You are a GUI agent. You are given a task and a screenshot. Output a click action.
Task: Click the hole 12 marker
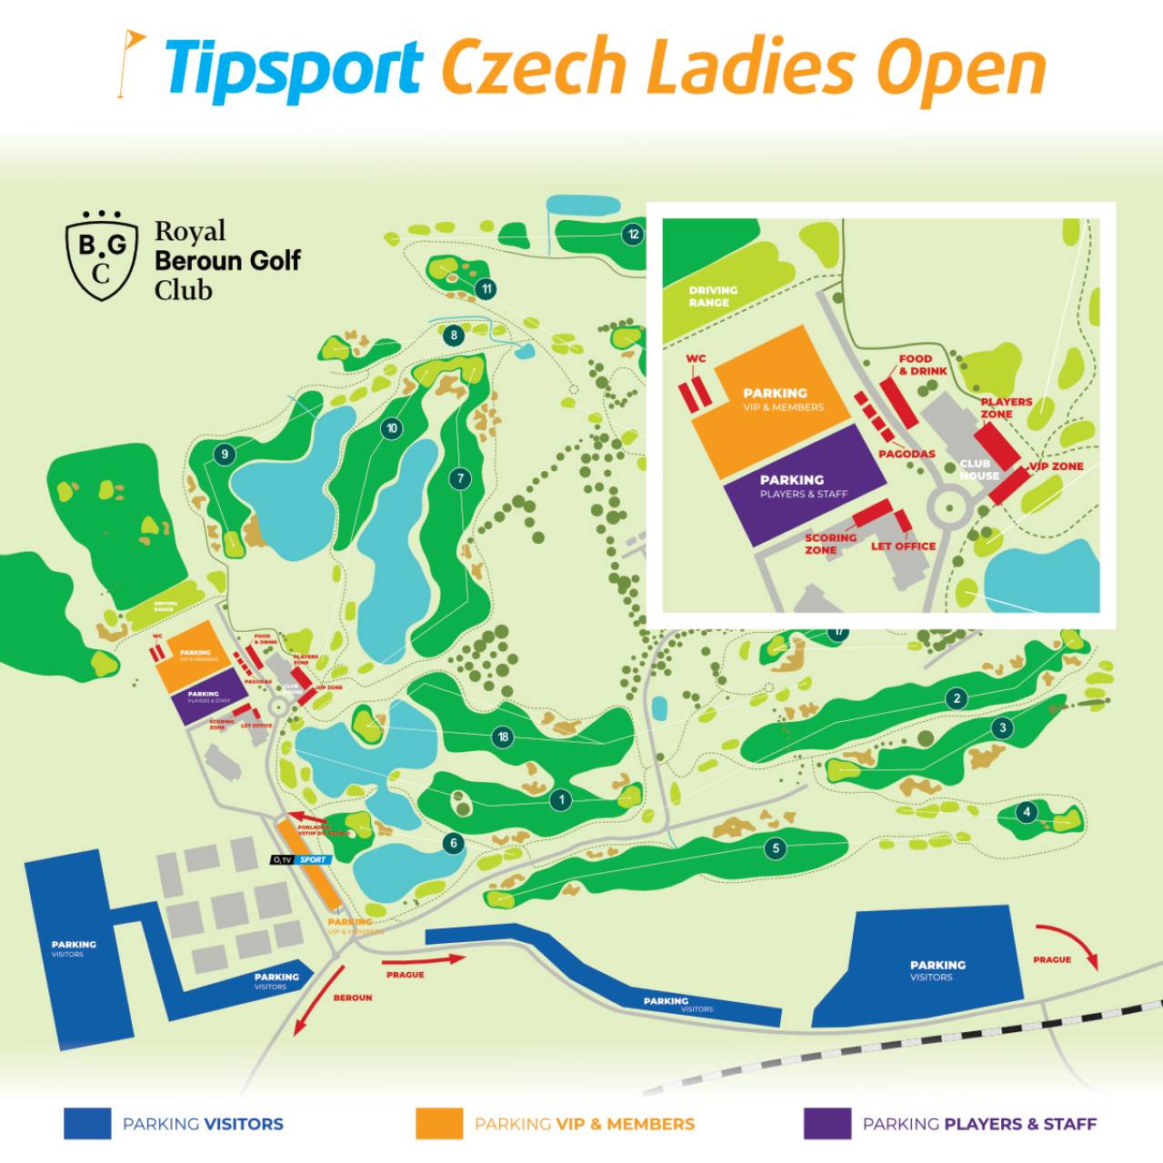tap(633, 235)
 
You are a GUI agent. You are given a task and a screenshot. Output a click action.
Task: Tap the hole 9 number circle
tap(223, 455)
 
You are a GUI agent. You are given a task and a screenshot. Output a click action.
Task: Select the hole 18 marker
tap(503, 737)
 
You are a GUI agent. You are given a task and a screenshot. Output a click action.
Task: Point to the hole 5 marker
tap(776, 848)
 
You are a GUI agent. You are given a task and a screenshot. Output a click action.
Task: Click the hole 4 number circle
tap(1027, 812)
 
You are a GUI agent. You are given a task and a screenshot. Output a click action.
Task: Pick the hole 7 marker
tap(461, 478)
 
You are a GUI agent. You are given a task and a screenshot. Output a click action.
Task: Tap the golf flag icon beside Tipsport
tap(131, 64)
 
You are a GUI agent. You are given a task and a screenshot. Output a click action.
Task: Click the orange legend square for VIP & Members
tap(439, 1123)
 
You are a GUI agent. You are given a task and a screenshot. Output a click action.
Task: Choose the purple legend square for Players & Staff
tap(827, 1123)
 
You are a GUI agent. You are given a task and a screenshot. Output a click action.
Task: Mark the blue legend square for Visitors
tap(87, 1123)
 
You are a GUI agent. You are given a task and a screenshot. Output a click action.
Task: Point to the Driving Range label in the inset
tap(713, 296)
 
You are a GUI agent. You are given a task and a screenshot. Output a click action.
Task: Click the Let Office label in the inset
tap(903, 546)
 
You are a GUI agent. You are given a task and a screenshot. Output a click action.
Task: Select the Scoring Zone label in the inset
tap(830, 544)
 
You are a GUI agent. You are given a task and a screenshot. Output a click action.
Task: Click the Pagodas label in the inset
tap(907, 454)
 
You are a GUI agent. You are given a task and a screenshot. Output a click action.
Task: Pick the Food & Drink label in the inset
tap(922, 365)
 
